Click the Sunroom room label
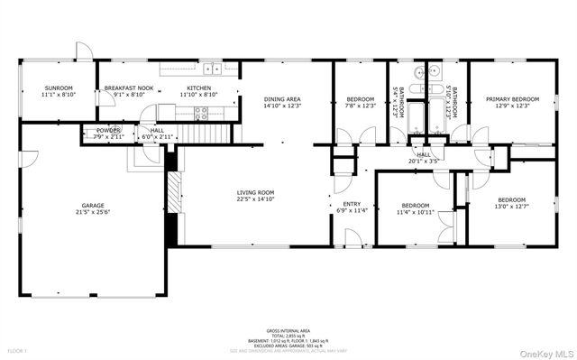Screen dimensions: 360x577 (59, 88)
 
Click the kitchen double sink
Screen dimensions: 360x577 (212, 69)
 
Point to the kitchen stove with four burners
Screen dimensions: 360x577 (201, 113)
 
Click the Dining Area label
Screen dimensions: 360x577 (281, 99)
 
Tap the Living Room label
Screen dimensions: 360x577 (255, 192)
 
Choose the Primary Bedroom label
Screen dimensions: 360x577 (512, 99)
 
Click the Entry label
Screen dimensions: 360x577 (352, 205)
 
